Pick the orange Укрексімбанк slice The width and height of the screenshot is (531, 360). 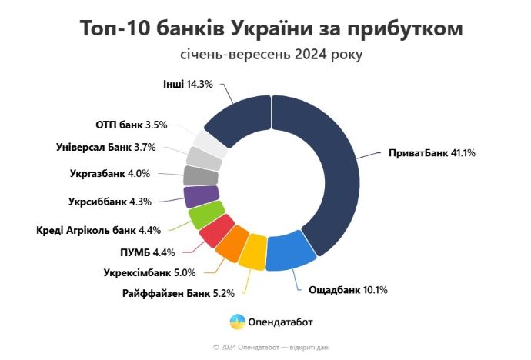click(x=231, y=244)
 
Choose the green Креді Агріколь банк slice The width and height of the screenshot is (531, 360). click(x=206, y=214)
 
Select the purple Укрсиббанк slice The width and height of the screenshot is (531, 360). click(x=202, y=195)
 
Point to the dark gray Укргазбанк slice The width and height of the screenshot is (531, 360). click(x=202, y=175)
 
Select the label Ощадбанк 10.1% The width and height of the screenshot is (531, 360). click(x=348, y=291)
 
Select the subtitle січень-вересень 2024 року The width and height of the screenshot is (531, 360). click(x=270, y=55)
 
